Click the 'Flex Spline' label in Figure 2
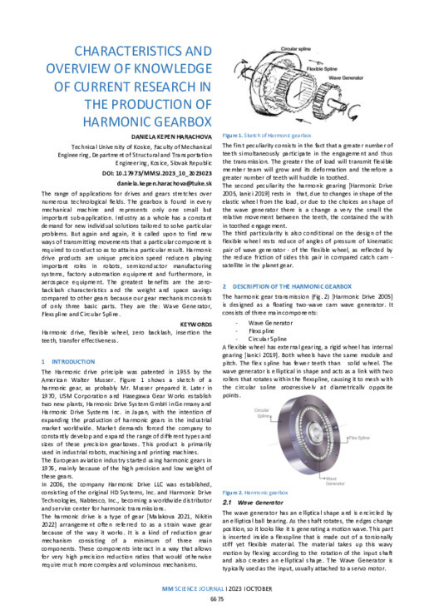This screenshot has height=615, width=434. pos(359,437)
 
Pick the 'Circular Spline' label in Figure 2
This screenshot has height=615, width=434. pos(264,414)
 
